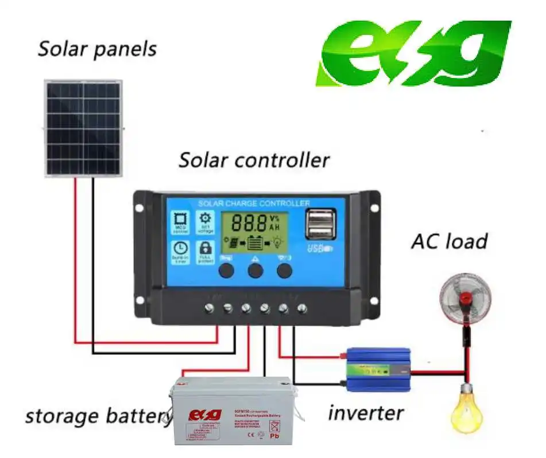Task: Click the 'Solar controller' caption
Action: (x=254, y=160)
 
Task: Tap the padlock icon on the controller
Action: (x=205, y=249)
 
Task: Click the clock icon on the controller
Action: (x=180, y=249)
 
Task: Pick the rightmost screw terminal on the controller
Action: (x=301, y=309)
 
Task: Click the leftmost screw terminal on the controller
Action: (x=210, y=309)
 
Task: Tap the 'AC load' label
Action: (x=449, y=241)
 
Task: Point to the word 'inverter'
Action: (x=366, y=412)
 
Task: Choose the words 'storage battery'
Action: (x=98, y=415)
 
